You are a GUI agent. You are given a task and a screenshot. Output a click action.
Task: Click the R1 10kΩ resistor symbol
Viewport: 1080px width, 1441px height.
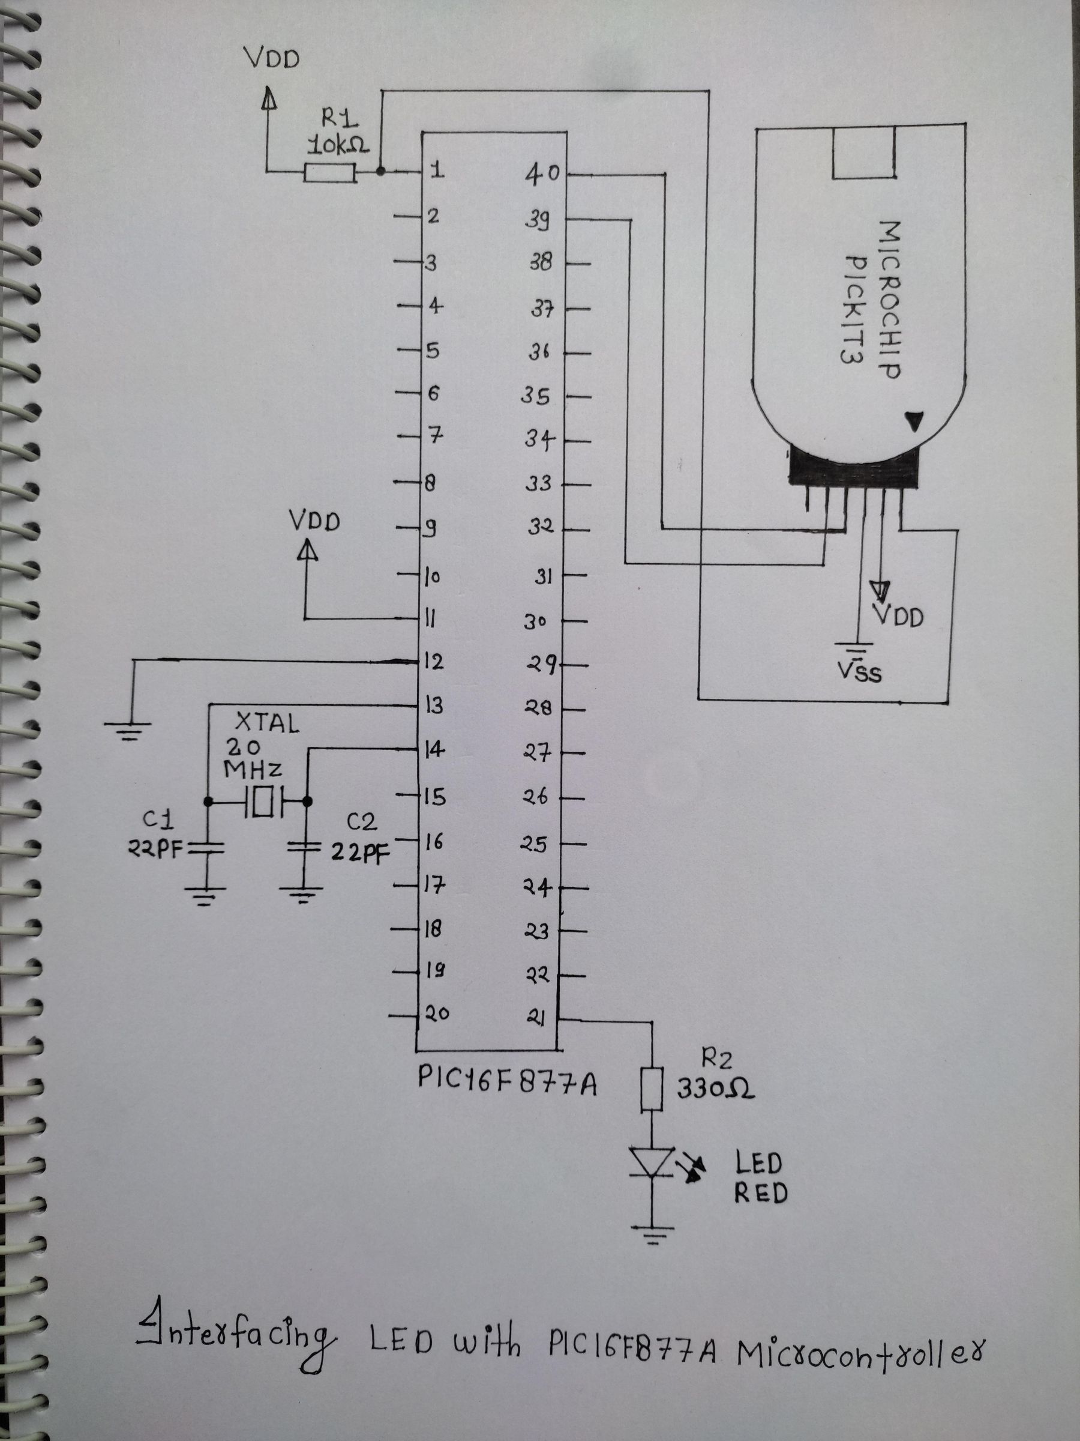tap(330, 173)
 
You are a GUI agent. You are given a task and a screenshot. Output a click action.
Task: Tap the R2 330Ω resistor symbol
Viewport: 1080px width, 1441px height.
tap(652, 1089)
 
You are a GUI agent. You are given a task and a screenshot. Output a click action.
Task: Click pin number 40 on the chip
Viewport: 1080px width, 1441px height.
tap(542, 175)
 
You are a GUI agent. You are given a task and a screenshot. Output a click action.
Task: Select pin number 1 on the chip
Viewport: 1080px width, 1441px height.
tap(437, 171)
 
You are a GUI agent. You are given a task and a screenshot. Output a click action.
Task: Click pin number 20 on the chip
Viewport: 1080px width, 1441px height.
tap(437, 1014)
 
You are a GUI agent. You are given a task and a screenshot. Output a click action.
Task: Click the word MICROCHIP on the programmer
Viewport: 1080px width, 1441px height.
tap(889, 300)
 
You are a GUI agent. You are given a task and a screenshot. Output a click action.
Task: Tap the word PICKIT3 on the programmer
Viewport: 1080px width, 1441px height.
tap(854, 309)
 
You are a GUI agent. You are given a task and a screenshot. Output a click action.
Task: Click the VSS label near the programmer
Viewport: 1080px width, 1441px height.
tap(860, 671)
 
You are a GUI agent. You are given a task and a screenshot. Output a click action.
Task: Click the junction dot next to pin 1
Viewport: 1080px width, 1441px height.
tap(381, 172)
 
